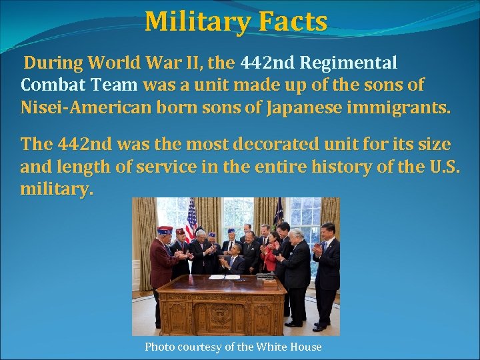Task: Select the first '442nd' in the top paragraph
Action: tap(267, 63)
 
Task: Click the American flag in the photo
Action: tap(191, 219)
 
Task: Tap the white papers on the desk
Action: tap(225, 276)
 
